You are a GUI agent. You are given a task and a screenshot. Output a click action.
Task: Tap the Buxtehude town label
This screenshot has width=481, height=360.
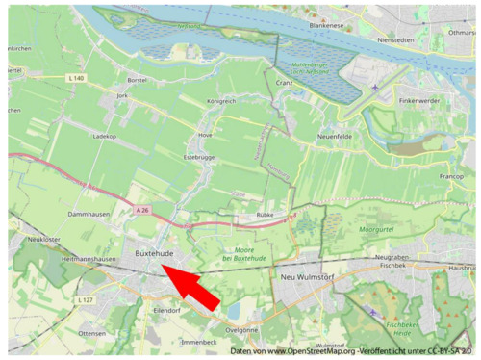[x=154, y=253]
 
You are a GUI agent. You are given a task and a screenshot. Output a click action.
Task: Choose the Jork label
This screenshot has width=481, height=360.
[x=122, y=96]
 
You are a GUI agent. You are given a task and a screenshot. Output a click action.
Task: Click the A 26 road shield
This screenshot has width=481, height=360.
[x=142, y=210]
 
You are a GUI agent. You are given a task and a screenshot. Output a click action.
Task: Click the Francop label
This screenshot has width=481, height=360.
[x=451, y=177]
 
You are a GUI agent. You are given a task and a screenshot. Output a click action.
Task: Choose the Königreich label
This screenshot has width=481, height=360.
[x=221, y=100]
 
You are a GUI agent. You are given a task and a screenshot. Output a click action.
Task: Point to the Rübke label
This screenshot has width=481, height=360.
[x=266, y=215]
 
